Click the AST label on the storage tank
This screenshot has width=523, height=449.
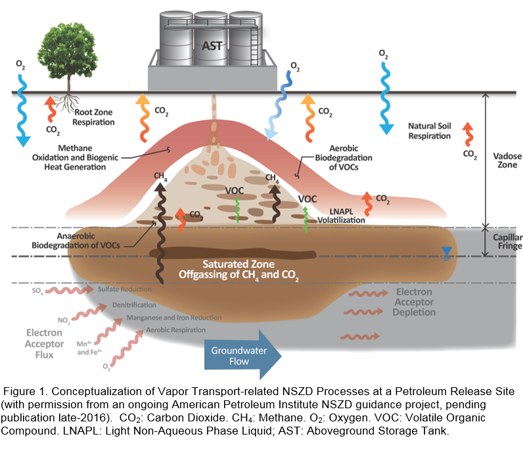click(210, 47)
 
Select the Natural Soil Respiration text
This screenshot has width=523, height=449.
click(429, 131)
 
